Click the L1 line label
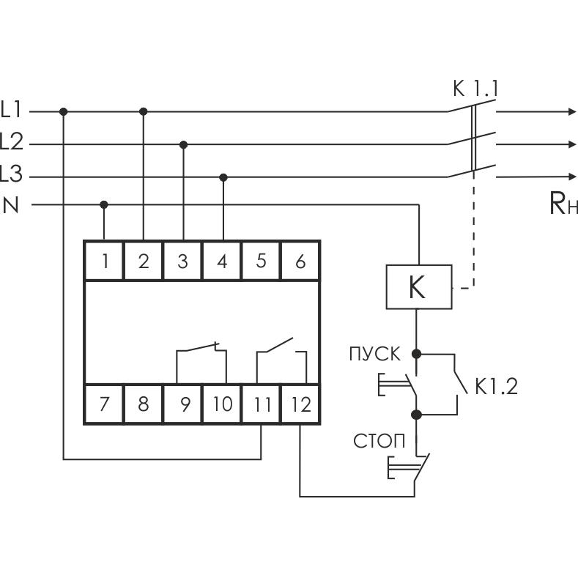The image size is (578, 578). (x=12, y=111)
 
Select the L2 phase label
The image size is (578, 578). (x=12, y=143)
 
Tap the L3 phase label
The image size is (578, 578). (x=12, y=175)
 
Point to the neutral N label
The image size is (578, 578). (x=12, y=205)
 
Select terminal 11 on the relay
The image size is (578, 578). (x=262, y=404)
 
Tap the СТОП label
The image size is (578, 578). (x=379, y=441)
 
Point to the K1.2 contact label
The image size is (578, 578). (x=495, y=387)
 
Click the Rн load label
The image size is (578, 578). (x=563, y=204)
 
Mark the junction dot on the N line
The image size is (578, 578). (x=104, y=204)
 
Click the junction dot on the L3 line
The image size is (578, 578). (x=223, y=177)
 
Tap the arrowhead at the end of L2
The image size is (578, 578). (x=571, y=144)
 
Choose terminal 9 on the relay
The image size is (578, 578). (x=183, y=404)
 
